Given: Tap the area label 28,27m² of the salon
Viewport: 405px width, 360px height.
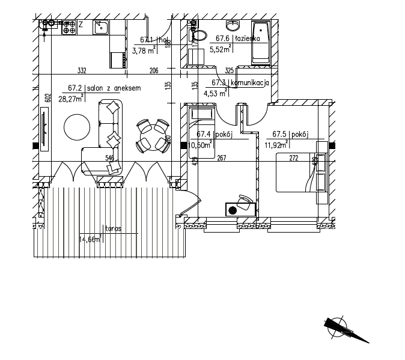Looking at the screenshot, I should [70, 99].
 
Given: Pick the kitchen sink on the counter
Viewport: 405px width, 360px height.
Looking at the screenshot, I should [101, 26].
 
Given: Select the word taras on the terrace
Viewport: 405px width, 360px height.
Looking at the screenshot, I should [114, 229].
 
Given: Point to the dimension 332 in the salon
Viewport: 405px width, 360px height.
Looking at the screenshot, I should [82, 71].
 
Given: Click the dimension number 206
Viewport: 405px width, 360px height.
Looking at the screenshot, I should [154, 71].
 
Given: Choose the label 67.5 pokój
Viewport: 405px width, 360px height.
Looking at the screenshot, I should [290, 135].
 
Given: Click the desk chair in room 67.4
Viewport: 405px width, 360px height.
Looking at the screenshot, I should [245, 201].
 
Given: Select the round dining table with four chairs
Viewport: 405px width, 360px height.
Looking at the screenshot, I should [151, 134].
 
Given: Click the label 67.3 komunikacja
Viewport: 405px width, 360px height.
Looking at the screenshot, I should [239, 83].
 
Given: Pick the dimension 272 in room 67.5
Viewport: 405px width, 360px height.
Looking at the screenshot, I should [294, 159].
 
